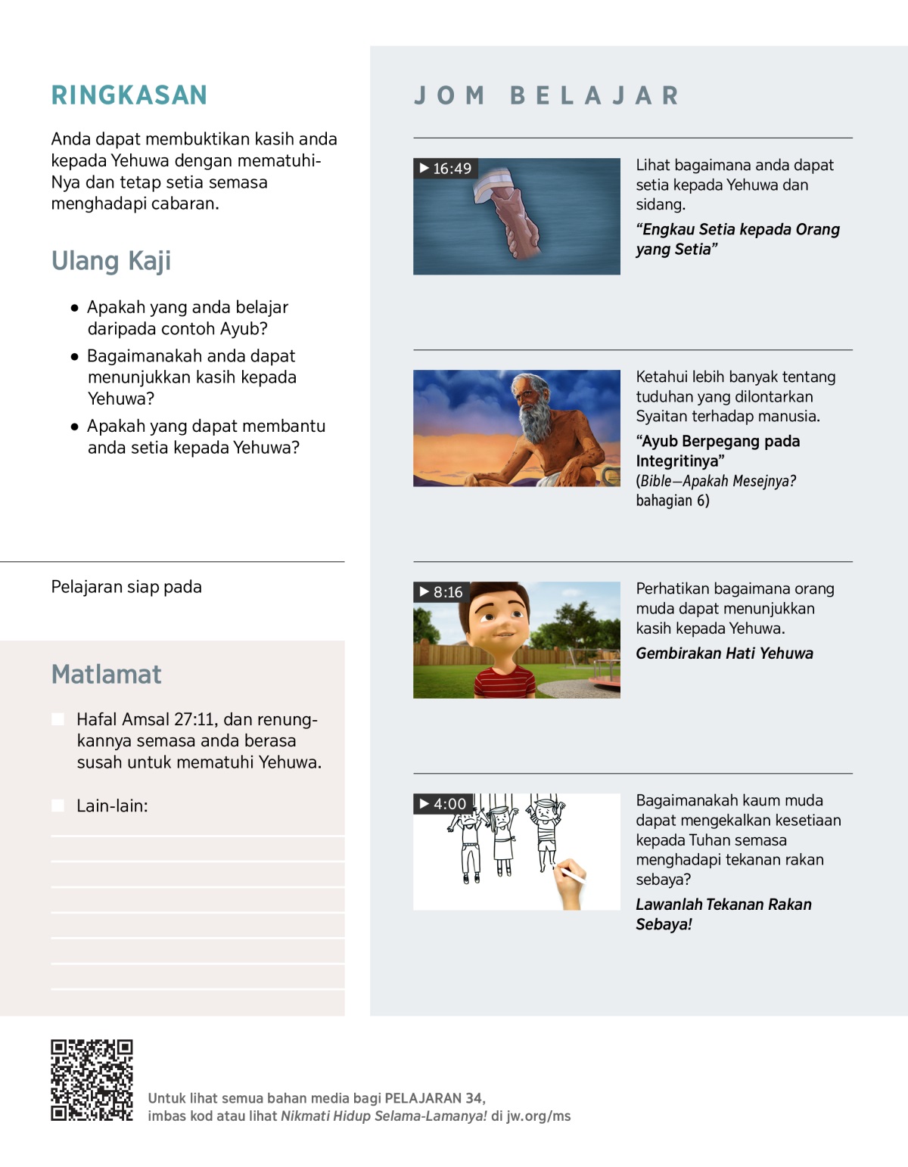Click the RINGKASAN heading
(x=129, y=95)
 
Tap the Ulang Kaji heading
(x=111, y=261)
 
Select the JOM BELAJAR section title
(x=546, y=96)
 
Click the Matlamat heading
(x=106, y=675)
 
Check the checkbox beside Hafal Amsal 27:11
(x=58, y=719)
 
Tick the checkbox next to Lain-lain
(x=58, y=806)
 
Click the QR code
(x=92, y=1080)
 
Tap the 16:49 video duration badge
(x=446, y=169)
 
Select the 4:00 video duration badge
(x=443, y=804)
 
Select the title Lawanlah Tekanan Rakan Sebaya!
(x=723, y=914)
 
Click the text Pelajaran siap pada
(x=126, y=588)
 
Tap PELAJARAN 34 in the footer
(x=434, y=1098)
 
